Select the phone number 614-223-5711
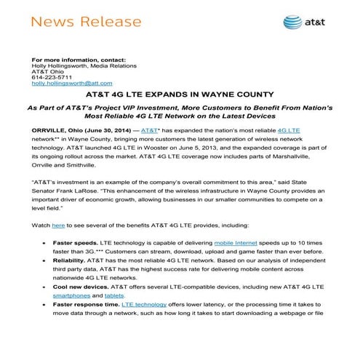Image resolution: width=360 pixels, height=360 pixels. click(47, 77)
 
